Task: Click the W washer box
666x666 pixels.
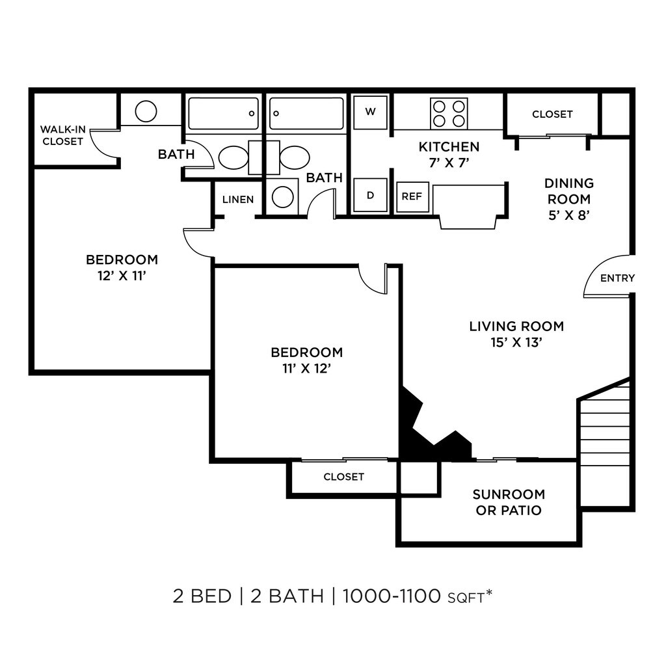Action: coord(370,112)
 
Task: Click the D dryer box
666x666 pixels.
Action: coord(370,195)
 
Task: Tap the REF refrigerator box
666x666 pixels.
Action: coord(412,196)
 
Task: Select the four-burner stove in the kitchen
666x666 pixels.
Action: coord(449,113)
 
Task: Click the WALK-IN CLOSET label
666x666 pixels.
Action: coord(63,135)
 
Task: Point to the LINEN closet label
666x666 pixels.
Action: coord(238,200)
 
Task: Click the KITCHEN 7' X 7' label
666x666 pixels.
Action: coord(449,155)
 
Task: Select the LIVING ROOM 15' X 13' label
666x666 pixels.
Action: coord(516,334)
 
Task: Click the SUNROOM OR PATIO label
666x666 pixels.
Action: coord(509,502)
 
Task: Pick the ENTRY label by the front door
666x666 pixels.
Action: coord(618,278)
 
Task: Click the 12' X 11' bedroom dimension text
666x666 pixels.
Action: coord(122,276)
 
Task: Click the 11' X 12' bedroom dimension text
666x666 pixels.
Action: coord(307,369)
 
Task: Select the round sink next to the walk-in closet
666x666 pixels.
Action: coord(146,111)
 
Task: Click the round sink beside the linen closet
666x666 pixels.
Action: coord(283,197)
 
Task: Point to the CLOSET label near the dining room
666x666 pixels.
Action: coord(552,114)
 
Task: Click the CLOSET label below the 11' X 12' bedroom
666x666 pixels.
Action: coord(343,477)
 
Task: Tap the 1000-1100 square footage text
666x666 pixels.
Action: coord(392,596)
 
